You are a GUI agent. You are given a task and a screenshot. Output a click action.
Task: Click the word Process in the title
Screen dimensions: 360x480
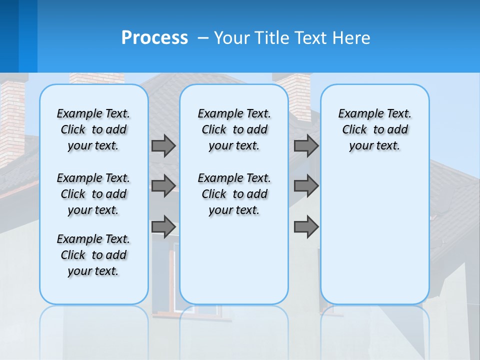pyautogui.click(x=154, y=38)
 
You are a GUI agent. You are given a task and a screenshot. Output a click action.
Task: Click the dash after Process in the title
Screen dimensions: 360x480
pyautogui.click(x=203, y=38)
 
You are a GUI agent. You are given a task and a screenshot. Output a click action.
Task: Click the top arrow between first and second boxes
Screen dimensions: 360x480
pyautogui.click(x=163, y=145)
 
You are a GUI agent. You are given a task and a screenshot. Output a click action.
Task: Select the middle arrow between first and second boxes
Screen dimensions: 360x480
pyautogui.click(x=163, y=186)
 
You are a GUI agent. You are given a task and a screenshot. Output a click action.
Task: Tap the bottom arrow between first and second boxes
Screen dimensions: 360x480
pyautogui.click(x=163, y=226)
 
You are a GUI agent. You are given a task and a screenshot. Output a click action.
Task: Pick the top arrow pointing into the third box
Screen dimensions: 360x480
pyautogui.click(x=306, y=145)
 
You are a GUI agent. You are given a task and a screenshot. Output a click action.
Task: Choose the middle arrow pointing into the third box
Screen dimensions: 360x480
pyautogui.click(x=306, y=186)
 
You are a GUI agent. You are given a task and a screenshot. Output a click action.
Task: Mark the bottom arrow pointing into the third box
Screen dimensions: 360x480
pyautogui.click(x=306, y=226)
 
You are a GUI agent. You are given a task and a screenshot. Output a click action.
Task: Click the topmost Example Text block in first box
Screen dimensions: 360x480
pyautogui.click(x=93, y=129)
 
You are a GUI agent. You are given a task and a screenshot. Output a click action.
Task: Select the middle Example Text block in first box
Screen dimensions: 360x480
pyautogui.click(x=93, y=194)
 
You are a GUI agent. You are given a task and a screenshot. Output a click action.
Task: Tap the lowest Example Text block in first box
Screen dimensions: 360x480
pyautogui.click(x=93, y=255)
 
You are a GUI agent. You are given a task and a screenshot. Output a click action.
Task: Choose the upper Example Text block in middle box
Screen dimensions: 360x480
pyautogui.click(x=234, y=129)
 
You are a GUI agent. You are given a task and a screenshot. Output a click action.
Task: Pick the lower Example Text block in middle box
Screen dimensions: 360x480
pyautogui.click(x=234, y=194)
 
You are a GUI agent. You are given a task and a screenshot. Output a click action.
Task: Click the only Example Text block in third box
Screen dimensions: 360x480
pyautogui.click(x=374, y=129)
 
